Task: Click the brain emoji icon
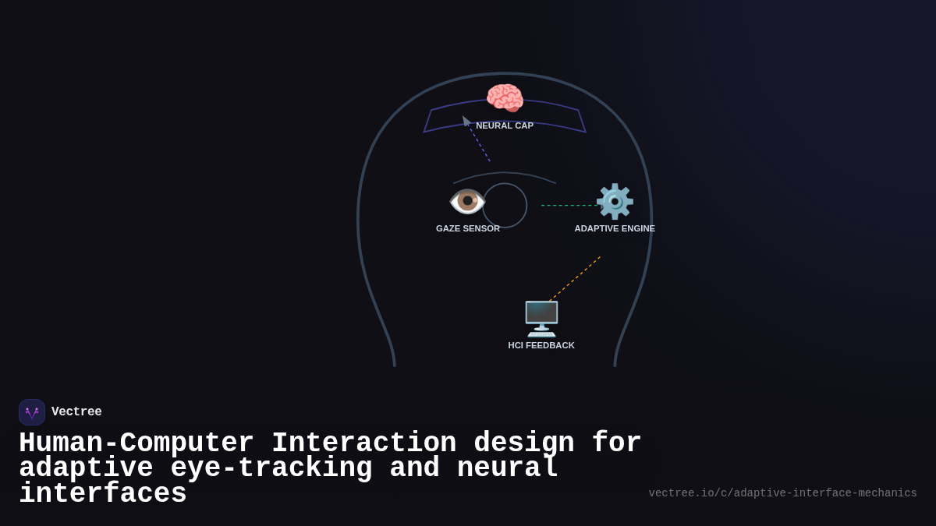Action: [505, 98]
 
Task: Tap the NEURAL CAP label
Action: [505, 125]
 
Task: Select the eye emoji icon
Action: [467, 201]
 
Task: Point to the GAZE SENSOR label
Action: [468, 228]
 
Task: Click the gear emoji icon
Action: [615, 202]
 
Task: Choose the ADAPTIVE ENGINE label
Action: [615, 228]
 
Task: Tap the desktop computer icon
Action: [541, 318]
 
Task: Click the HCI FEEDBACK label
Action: [541, 345]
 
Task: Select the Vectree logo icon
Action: [32, 412]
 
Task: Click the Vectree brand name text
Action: [76, 412]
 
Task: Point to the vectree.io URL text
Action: [782, 493]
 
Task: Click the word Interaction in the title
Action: [363, 443]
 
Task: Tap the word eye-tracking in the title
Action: [271, 468]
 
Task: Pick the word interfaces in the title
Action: [103, 494]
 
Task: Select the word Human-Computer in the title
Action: [136, 443]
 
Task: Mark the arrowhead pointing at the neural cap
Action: [466, 120]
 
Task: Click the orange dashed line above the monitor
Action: [576, 278]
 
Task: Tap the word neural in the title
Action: [507, 468]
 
